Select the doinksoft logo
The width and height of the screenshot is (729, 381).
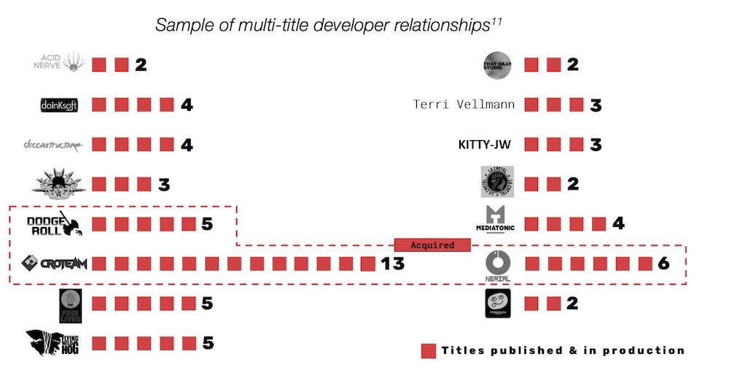tap(59, 105)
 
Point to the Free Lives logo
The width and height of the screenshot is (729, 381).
tap(70, 305)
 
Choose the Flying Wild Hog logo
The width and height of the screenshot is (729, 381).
tap(53, 342)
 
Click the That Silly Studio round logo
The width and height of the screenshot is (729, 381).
tap(498, 65)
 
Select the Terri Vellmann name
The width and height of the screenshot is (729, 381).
tap(464, 104)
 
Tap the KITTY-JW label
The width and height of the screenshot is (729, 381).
tap(484, 145)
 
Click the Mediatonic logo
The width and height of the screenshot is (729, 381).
tap(496, 220)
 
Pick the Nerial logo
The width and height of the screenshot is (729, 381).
tap(498, 263)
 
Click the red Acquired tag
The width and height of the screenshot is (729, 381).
tap(432, 245)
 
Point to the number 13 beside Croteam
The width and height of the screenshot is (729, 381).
tap(393, 263)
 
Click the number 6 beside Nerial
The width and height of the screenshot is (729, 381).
tap(663, 263)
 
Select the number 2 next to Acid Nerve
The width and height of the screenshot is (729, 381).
tap(141, 64)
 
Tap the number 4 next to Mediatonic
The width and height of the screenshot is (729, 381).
tap(618, 223)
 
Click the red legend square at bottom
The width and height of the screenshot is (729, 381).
tap(429, 351)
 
